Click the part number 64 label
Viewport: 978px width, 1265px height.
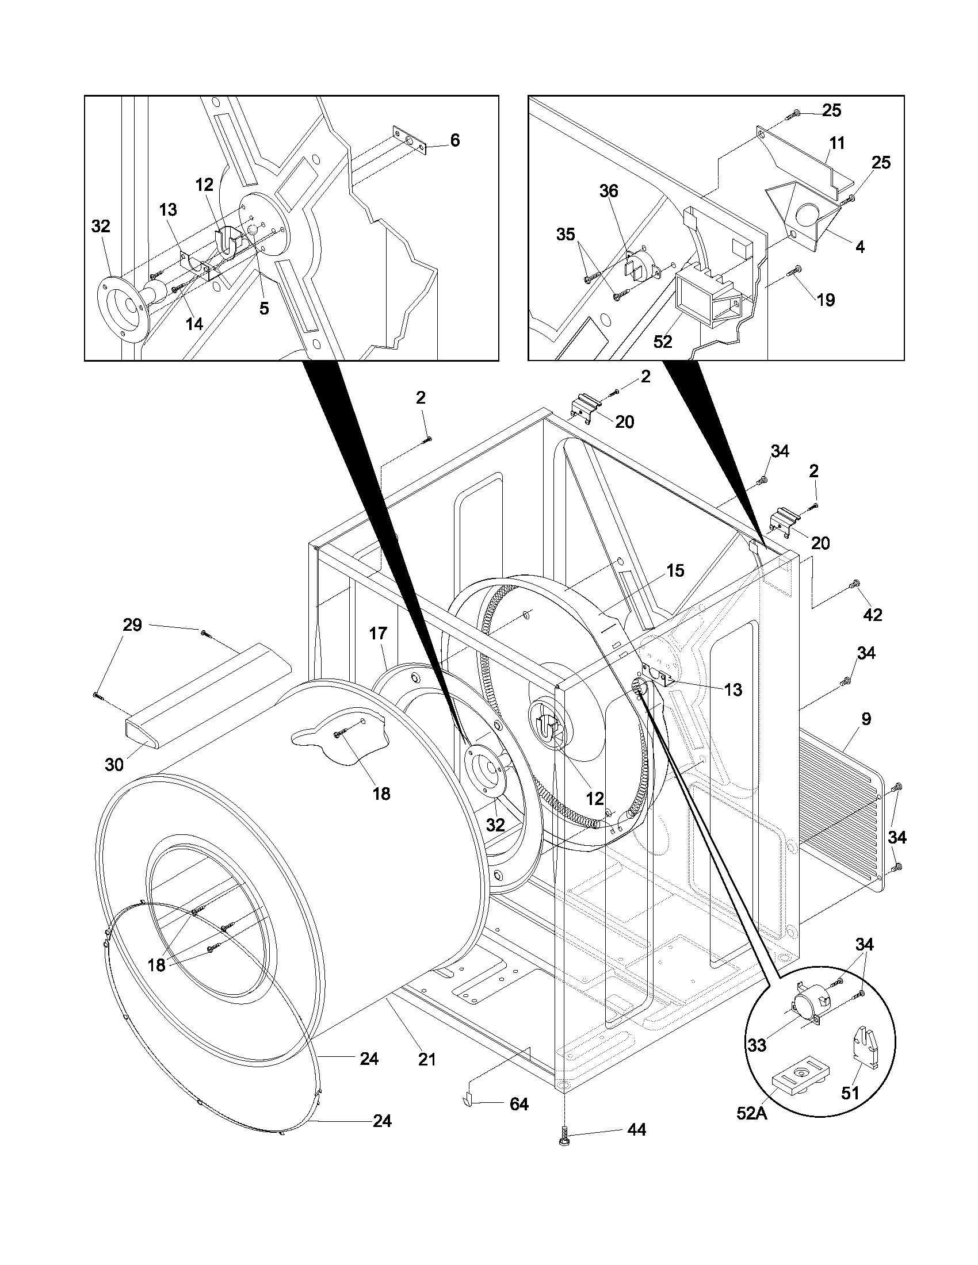[x=518, y=1105]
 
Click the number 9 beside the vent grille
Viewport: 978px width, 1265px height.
[x=866, y=719]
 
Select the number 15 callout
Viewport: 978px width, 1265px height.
[x=675, y=570]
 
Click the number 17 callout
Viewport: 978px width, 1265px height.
[x=378, y=634]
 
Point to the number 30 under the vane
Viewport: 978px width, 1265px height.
[x=114, y=765]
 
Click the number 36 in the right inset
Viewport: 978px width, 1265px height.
[x=608, y=191]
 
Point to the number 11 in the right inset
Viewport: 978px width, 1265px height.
[x=836, y=143]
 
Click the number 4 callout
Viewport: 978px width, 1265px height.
[x=860, y=247]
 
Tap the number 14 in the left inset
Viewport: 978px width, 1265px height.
[x=194, y=324]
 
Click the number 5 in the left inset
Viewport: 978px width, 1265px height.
[x=263, y=309]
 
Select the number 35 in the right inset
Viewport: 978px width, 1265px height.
[x=566, y=235]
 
